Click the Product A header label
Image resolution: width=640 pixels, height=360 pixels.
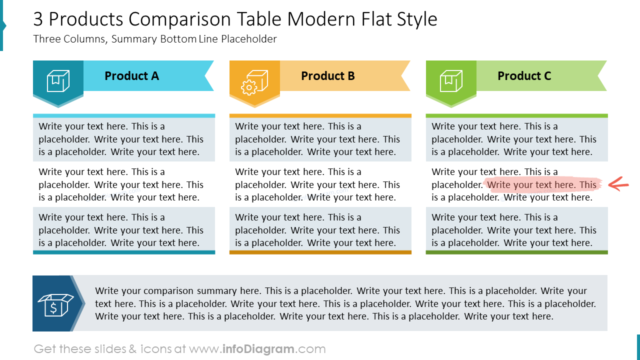pyautogui.click(x=131, y=76)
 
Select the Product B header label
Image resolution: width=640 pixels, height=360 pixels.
pyautogui.click(x=328, y=76)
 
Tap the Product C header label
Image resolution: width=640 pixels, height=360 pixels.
pyautogui.click(x=524, y=76)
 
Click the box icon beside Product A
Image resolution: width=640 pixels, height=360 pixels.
pyautogui.click(x=58, y=81)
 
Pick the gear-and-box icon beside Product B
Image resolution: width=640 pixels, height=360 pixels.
pyautogui.click(x=254, y=82)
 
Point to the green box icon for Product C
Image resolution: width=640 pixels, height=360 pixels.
pyautogui.click(x=451, y=81)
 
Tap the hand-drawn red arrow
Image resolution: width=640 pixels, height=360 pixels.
pyautogui.click(x=618, y=184)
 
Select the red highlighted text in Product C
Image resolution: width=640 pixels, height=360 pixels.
pyautogui.click(x=542, y=185)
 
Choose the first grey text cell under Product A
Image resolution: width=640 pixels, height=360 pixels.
pyautogui.click(x=124, y=139)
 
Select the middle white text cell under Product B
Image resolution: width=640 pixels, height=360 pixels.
pyautogui.click(x=320, y=184)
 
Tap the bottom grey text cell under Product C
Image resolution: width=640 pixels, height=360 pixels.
pyautogui.click(x=517, y=230)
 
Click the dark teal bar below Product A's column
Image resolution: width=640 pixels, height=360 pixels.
pyautogui.click(x=124, y=252)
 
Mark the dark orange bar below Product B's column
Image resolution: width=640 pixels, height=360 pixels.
pyautogui.click(x=320, y=252)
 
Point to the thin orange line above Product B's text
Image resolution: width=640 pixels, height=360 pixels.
pyautogui.click(x=320, y=115)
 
